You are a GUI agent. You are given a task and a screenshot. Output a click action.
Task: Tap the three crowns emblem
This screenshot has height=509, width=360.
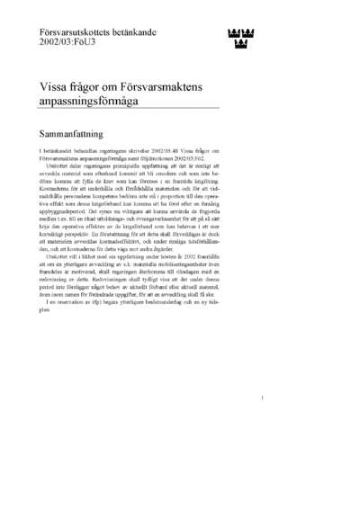(x=238, y=37)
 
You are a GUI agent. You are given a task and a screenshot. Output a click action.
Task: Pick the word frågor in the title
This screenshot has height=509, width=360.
(x=94, y=89)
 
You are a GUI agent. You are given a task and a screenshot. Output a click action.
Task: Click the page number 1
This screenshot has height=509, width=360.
(x=261, y=422)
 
